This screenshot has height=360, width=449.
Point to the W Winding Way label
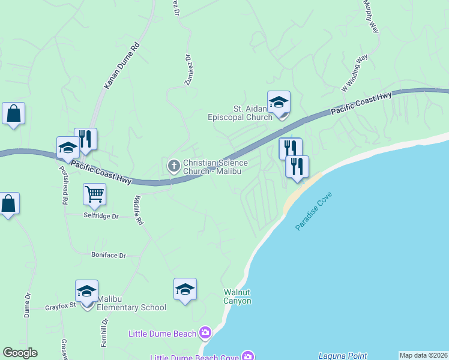coord(354,73)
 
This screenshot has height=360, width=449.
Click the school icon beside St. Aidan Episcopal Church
coord(279,103)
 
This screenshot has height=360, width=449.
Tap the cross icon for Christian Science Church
coord(174,166)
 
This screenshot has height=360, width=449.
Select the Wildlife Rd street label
coord(139,210)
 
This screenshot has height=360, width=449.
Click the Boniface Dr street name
coord(109,255)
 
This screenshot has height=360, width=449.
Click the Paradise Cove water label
coord(313,212)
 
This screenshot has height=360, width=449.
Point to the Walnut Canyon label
coord(237,297)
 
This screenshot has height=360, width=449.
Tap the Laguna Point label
coord(342,356)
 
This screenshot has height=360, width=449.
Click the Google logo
coord(20,353)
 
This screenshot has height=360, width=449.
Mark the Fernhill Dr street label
coord(104,329)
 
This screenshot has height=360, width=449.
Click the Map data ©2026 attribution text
coord(423,355)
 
